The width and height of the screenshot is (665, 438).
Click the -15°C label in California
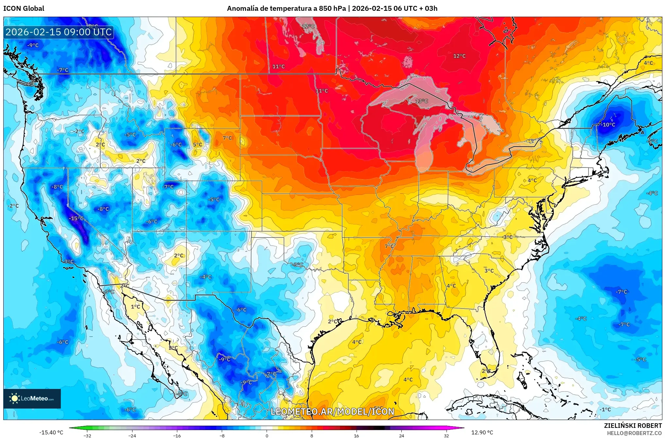coord(76,218)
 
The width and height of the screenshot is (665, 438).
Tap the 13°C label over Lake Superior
coord(422,101)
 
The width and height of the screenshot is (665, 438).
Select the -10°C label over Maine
coord(608,125)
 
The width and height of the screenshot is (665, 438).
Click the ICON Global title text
coord(24,9)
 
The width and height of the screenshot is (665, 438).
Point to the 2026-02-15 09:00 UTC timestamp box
coord(59,32)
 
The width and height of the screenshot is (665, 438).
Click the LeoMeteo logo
coord(32,398)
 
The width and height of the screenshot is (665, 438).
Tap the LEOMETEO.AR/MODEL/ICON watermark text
coord(332,412)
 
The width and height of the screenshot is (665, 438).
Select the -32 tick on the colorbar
coord(87,435)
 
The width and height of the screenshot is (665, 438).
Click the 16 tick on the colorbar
coord(356,435)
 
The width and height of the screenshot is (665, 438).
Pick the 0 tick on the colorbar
coord(267,435)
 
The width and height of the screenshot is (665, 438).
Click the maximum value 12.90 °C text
coord(482,432)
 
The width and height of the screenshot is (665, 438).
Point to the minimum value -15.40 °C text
coord(51,432)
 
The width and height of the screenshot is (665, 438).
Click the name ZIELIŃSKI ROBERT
coord(633,426)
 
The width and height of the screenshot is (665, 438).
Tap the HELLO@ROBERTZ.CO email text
coord(634,433)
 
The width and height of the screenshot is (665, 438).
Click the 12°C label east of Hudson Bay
coord(459,56)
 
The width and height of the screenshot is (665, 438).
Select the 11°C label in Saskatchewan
coord(278,66)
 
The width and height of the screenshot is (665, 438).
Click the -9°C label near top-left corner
coord(33,45)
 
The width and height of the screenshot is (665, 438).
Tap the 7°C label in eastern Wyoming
coord(227,138)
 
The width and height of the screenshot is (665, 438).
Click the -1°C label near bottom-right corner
coord(605,409)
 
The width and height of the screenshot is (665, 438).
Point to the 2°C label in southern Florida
coord(486,371)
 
